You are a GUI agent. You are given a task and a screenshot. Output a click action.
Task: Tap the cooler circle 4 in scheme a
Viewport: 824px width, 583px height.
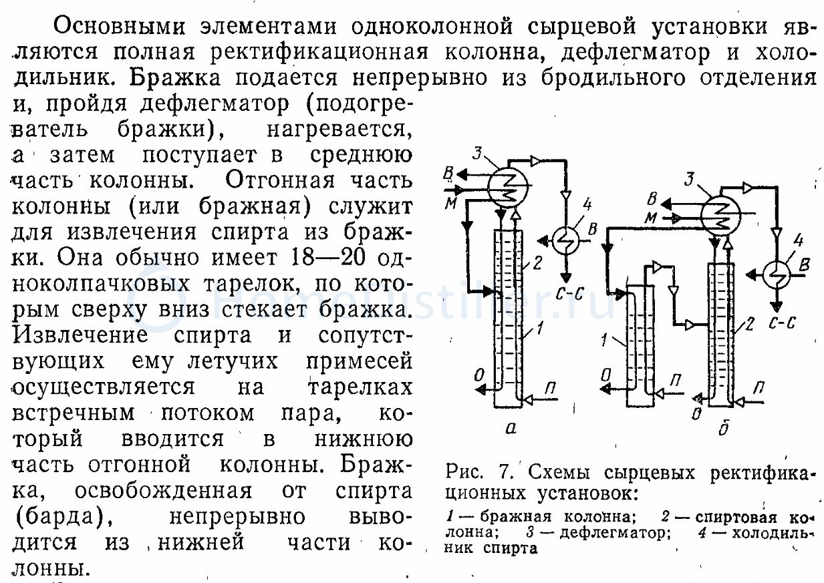(567, 238)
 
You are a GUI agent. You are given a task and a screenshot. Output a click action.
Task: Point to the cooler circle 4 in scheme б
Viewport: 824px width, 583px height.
(778, 274)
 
